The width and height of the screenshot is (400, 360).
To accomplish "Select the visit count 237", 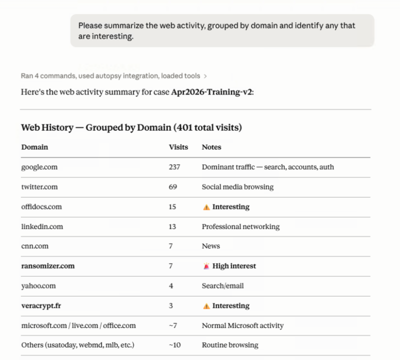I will coord(174,167).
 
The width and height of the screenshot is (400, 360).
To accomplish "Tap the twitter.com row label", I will coord(39,187).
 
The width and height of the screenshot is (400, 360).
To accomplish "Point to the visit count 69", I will coord(173,187).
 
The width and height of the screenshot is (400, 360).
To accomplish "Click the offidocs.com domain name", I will coord(41,206).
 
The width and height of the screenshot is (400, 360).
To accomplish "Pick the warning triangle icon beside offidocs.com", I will coord(206,206).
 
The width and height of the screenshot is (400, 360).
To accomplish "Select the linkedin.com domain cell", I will coord(42,226).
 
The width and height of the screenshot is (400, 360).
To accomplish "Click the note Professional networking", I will coord(240,226).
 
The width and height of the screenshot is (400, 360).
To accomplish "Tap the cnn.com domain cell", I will coord(35,246).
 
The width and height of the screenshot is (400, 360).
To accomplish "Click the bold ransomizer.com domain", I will coord(47,266).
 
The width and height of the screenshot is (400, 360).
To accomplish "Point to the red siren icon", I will coord(206,266).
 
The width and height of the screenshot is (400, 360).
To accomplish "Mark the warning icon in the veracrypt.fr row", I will coord(206,305).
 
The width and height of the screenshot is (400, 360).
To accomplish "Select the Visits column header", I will coord(178,147).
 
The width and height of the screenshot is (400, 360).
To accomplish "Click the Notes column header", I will coord(211,147).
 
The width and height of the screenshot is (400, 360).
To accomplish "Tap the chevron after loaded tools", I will coord(205,76).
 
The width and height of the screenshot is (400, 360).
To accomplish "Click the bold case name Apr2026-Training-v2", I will coord(212,92).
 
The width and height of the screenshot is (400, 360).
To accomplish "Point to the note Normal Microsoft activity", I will coord(242,325).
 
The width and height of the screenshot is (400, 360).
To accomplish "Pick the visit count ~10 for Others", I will coord(174,345).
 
